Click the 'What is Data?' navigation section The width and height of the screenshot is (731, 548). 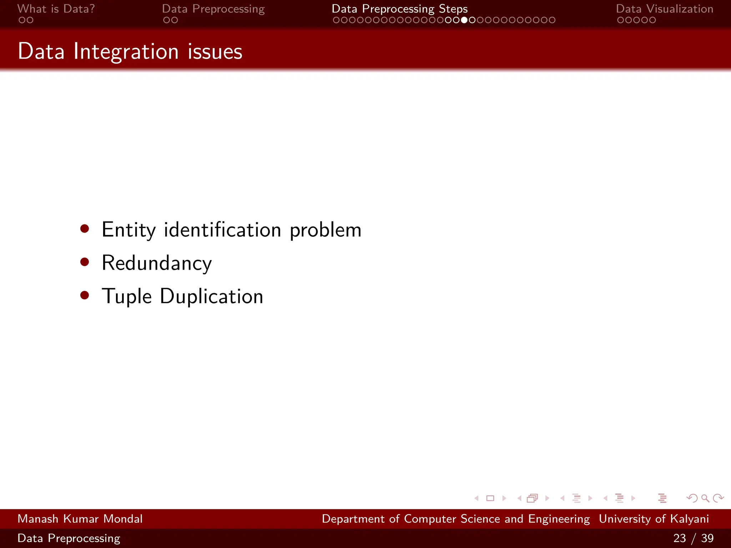[56, 9]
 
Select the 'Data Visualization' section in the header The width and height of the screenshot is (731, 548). [664, 9]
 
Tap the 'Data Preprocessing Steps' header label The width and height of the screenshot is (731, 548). [399, 9]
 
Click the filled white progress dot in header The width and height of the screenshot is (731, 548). [464, 20]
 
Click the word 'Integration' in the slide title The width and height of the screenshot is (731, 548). [126, 51]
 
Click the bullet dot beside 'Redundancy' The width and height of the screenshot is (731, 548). [85, 262]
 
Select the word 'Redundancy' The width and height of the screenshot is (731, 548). [157, 263]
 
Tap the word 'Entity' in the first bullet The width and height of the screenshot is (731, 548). [128, 230]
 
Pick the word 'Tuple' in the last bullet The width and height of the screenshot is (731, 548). [127, 297]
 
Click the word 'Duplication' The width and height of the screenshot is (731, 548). [211, 296]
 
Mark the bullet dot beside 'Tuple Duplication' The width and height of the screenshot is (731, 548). [85, 295]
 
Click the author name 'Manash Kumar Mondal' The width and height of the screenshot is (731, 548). [80, 519]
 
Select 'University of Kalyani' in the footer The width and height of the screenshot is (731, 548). [654, 519]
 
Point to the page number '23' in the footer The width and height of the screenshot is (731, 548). [679, 538]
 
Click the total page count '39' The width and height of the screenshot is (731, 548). [707, 538]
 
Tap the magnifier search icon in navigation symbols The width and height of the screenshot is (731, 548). [705, 498]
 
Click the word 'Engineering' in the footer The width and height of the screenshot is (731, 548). [559, 519]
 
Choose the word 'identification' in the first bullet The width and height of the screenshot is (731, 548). [222, 230]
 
